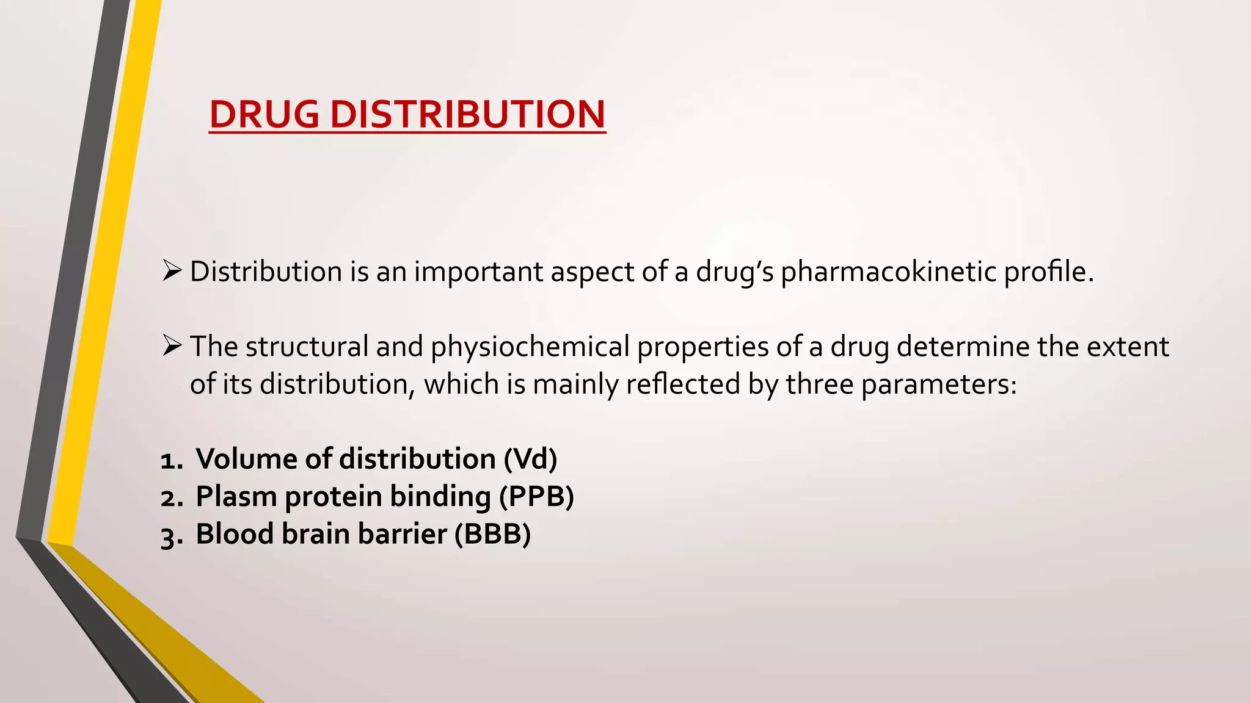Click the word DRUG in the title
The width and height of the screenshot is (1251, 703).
(264, 114)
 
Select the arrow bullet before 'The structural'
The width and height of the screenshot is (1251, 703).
(172, 345)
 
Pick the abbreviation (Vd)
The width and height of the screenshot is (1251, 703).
(530, 459)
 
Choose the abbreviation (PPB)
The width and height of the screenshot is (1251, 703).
(537, 497)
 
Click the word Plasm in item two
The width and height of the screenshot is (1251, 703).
(236, 497)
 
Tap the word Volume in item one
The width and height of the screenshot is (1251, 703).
(246, 459)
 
